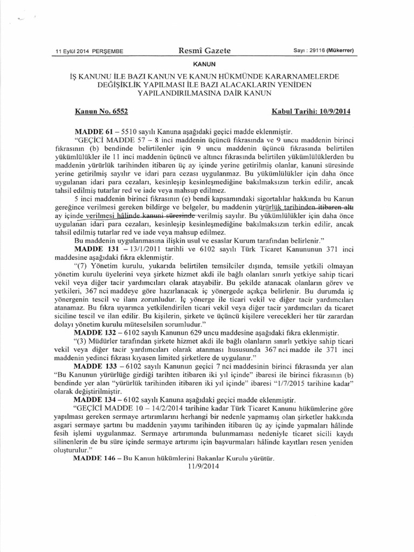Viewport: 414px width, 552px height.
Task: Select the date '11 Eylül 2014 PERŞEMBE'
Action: [89, 52]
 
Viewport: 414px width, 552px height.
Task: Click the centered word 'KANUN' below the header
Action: [207, 64]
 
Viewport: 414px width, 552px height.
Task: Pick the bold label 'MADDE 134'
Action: [95, 401]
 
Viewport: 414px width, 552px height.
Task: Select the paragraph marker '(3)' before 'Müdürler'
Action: [80, 342]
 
